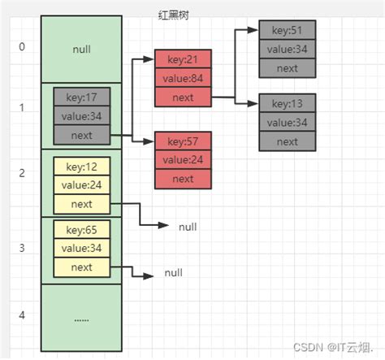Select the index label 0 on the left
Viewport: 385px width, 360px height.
[x=22, y=46]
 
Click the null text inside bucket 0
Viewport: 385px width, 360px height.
[x=81, y=49]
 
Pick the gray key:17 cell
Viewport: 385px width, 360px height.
[x=81, y=96]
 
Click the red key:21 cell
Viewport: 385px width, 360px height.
[x=184, y=60]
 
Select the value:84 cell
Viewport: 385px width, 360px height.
[x=184, y=79]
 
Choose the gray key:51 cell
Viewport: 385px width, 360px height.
[x=287, y=31]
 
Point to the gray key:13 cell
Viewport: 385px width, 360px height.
[x=287, y=104]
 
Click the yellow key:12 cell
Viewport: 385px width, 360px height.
[x=81, y=167]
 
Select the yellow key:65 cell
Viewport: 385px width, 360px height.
[x=81, y=230]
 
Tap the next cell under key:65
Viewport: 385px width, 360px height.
[x=81, y=267]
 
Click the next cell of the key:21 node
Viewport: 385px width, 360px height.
[x=184, y=98]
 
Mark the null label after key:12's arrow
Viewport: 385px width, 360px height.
[x=188, y=227]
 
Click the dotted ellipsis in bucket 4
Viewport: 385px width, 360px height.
[x=81, y=319]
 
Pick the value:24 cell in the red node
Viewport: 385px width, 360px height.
[x=184, y=160]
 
